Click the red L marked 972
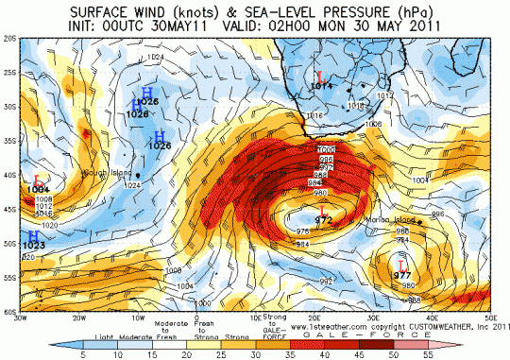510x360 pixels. click(x=323, y=209)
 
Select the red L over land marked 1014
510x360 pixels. click(x=321, y=76)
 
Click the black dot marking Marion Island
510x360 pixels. click(x=410, y=221)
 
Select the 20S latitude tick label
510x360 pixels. click(x=11, y=40)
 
